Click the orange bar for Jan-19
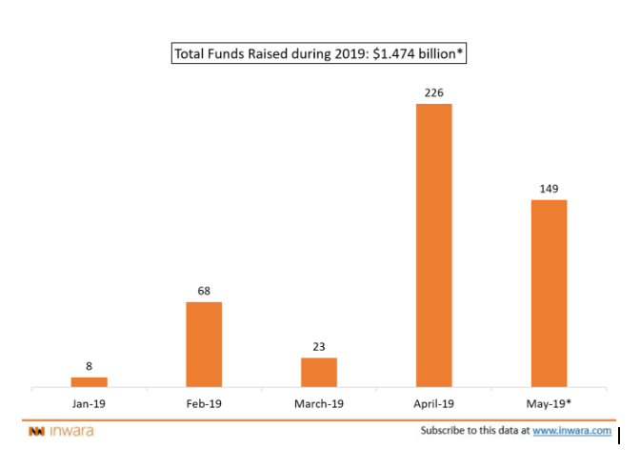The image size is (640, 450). click(x=90, y=381)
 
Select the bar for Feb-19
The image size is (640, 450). click(x=204, y=344)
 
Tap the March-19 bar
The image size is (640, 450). click(x=319, y=372)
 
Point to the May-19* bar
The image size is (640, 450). click(x=549, y=293)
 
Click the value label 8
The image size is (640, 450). click(x=90, y=365)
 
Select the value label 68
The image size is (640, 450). click(x=204, y=290)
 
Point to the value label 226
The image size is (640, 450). click(x=433, y=92)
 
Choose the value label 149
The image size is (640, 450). click(x=549, y=188)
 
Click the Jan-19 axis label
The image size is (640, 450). click(x=90, y=403)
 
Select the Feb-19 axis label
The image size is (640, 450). click(x=204, y=403)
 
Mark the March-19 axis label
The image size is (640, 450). click(x=319, y=403)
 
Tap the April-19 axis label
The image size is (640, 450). click(x=433, y=403)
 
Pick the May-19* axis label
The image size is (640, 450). click(x=549, y=403)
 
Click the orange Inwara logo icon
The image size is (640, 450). click(x=36, y=432)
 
